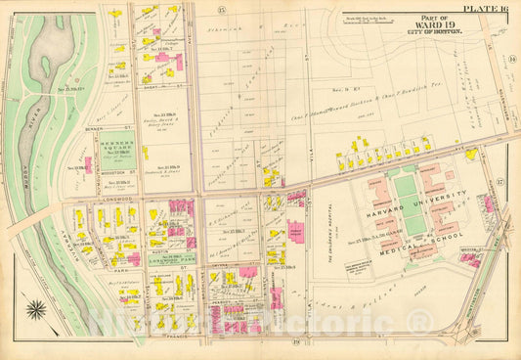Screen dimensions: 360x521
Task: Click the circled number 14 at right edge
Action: point(510,59)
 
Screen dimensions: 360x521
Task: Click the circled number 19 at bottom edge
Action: point(294,342)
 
